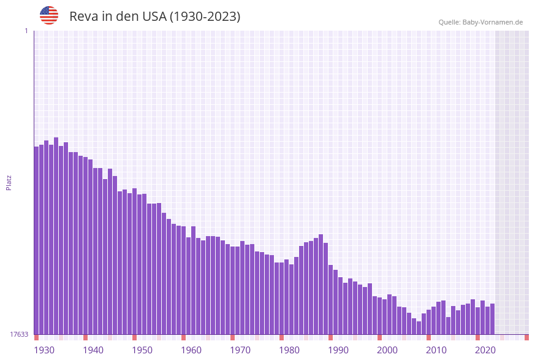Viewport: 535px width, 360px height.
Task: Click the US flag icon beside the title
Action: click(x=49, y=15)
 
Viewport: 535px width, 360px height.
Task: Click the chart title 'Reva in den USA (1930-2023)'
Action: click(x=154, y=17)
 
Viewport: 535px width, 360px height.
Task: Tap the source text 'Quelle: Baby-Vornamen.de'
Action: click(x=480, y=22)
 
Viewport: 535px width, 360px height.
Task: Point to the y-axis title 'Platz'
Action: click(x=9, y=182)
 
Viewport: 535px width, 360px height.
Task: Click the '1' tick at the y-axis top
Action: click(x=26, y=31)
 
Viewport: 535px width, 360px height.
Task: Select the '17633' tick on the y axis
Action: click(x=19, y=334)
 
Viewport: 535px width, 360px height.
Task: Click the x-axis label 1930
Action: click(x=44, y=350)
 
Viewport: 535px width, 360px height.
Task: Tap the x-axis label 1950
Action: click(x=142, y=350)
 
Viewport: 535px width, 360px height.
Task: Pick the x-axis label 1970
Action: click(x=240, y=350)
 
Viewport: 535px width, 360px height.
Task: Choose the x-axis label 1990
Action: click(x=338, y=350)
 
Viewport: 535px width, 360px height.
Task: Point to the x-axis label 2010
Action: click(x=436, y=350)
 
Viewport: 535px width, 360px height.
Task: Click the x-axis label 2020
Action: click(x=485, y=350)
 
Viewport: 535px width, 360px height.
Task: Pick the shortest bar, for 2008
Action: click(x=419, y=328)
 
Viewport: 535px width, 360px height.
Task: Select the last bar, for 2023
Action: click(x=493, y=319)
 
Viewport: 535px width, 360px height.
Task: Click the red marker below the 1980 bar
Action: click(x=282, y=337)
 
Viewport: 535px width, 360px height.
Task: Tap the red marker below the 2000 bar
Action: click(x=380, y=337)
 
